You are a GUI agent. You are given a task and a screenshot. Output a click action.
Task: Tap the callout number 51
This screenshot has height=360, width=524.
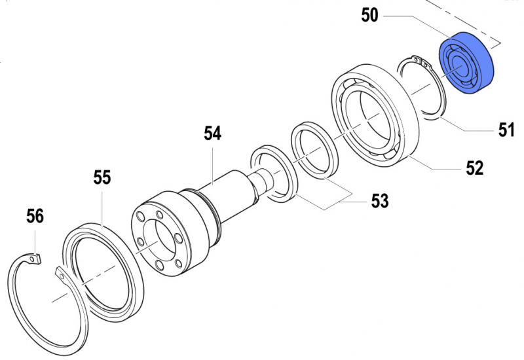(504, 130)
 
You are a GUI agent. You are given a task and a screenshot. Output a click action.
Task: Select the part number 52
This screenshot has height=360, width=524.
(474, 168)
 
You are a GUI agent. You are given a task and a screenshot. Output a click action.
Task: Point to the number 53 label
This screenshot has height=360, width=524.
(380, 201)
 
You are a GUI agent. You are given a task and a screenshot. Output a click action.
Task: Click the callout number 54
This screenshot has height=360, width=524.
(212, 134)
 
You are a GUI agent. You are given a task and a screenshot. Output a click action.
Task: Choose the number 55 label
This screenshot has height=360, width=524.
(102, 177)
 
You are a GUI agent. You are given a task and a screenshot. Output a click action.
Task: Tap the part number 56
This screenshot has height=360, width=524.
(35, 215)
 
